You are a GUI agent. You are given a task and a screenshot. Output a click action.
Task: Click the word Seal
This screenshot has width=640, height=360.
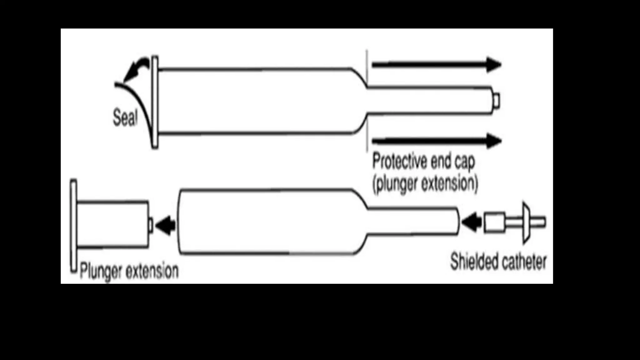pyautogui.click(x=125, y=117)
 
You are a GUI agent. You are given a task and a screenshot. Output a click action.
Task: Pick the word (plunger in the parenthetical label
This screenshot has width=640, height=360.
pyautogui.click(x=395, y=184)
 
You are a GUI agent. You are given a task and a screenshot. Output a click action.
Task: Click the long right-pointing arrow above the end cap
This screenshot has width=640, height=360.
pyautogui.click(x=436, y=65)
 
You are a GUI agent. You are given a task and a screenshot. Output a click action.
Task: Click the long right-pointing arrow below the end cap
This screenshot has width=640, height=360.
pyautogui.click(x=436, y=141)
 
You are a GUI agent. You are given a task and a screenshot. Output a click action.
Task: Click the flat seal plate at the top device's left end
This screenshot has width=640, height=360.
pyautogui.click(x=155, y=102)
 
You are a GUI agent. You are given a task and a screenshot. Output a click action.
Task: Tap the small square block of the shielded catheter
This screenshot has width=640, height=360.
pyautogui.click(x=494, y=222)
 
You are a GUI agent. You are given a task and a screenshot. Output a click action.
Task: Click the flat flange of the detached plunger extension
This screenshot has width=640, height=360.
pyautogui.click(x=73, y=226)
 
